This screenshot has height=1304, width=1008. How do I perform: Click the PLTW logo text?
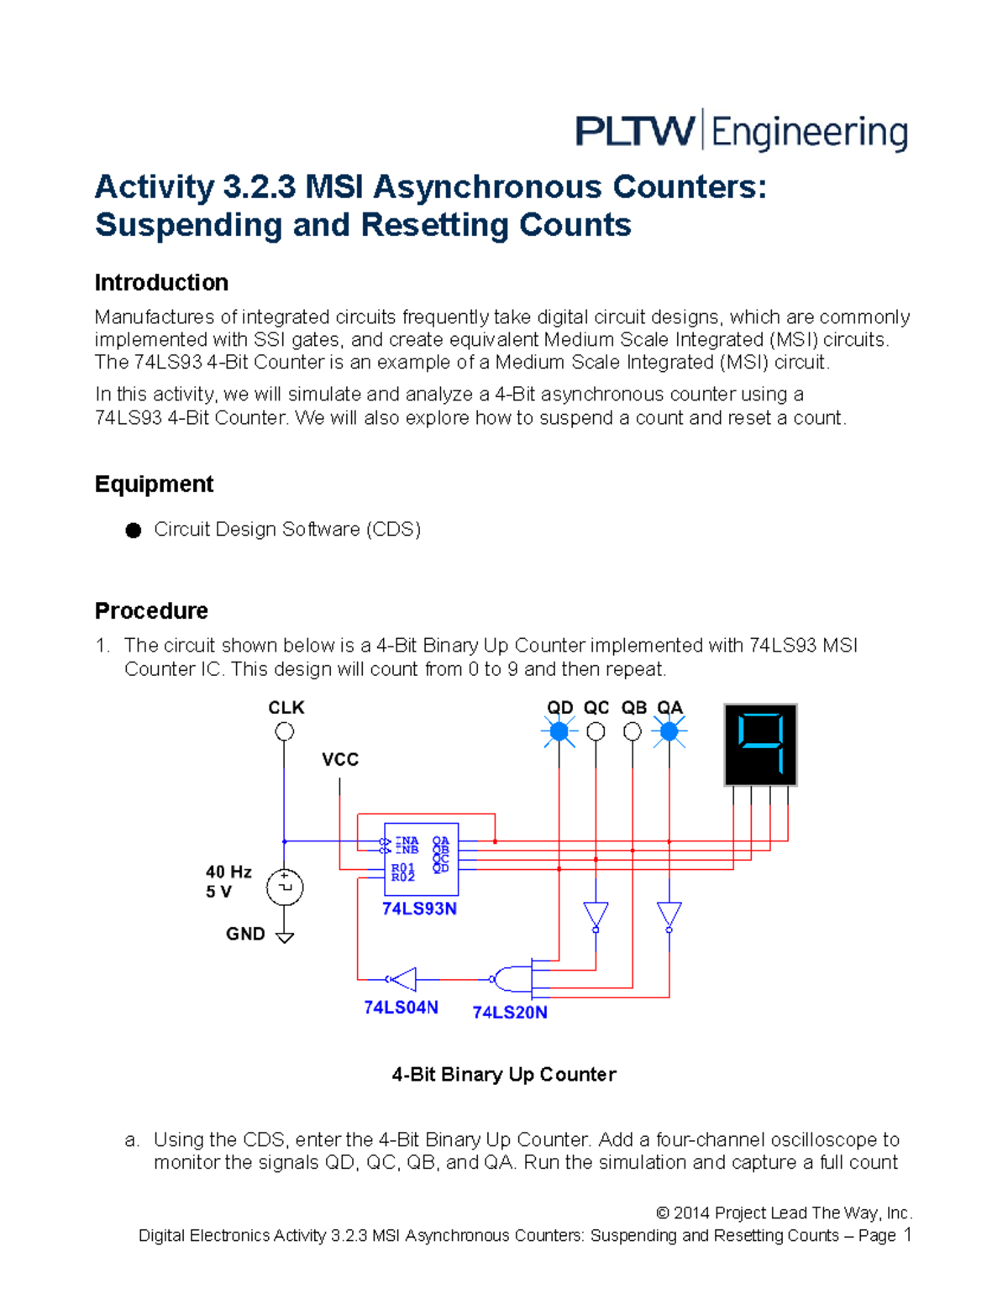pyautogui.click(x=635, y=132)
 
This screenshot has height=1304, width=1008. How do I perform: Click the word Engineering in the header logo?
pyautogui.click(x=810, y=134)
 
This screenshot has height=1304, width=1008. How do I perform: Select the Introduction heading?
pyautogui.click(x=161, y=282)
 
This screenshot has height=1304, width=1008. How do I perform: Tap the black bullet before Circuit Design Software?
pyautogui.click(x=134, y=530)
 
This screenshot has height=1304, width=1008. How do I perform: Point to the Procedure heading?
pyautogui.click(x=151, y=610)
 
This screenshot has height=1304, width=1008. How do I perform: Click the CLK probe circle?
pyautogui.click(x=285, y=731)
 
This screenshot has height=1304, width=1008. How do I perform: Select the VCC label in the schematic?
pyautogui.click(x=339, y=759)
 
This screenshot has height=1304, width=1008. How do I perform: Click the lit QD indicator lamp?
pyautogui.click(x=559, y=732)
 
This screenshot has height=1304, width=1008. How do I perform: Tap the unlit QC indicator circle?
pyautogui.click(x=596, y=732)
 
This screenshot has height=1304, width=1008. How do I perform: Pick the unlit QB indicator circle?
pyautogui.click(x=633, y=732)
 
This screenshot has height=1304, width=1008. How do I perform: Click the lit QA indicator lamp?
pyautogui.click(x=669, y=732)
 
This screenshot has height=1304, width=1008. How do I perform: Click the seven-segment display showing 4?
pyautogui.click(x=760, y=745)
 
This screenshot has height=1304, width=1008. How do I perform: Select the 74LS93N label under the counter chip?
pyautogui.click(x=419, y=909)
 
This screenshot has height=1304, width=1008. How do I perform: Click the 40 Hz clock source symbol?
pyautogui.click(x=285, y=888)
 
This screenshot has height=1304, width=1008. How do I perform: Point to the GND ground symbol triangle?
pyautogui.click(x=285, y=937)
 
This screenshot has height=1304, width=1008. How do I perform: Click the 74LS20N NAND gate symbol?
pyautogui.click(x=512, y=979)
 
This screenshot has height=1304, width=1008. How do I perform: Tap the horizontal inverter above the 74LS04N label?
pyautogui.click(x=402, y=979)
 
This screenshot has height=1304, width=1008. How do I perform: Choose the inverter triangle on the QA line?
pyautogui.click(x=669, y=915)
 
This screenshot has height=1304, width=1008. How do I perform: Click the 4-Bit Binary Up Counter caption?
pyautogui.click(x=504, y=1075)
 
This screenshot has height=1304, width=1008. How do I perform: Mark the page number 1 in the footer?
pyautogui.click(x=907, y=1234)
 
